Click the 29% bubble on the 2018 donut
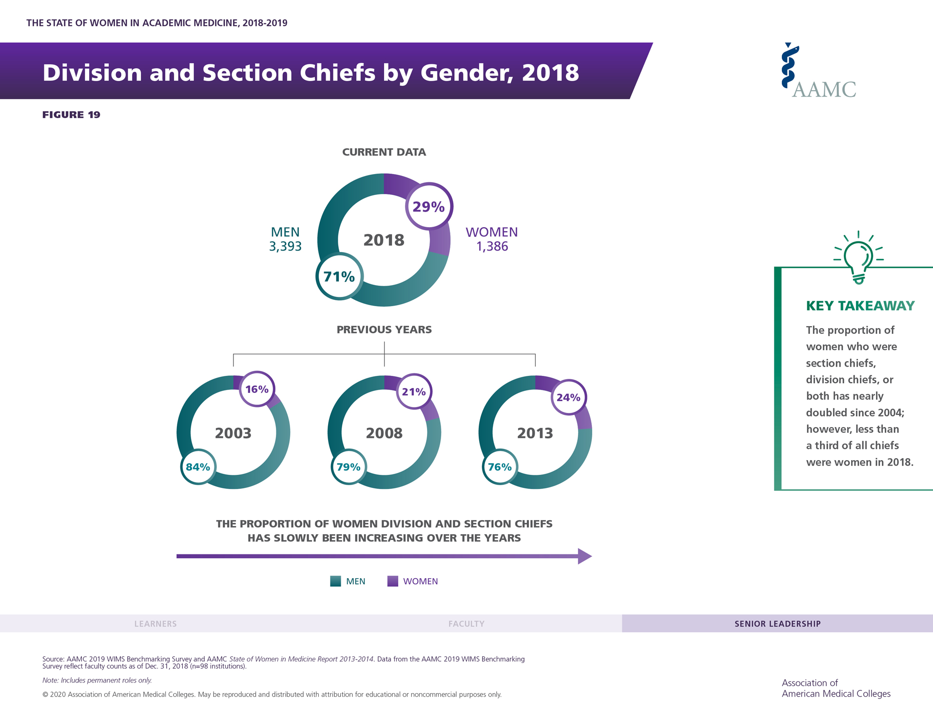pos(429,207)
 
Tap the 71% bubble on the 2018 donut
pos(339,276)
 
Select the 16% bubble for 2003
pos(257,389)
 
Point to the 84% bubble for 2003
pos(198,467)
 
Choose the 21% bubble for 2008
pos(414,391)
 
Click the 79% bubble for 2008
pos(349,467)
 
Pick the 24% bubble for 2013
pos(568,397)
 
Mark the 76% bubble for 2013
pos(500,467)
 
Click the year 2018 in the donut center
pos(384,240)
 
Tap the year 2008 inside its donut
pos(384,433)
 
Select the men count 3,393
pos(285,246)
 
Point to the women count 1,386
pos(492,246)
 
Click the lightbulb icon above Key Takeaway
pos(858,257)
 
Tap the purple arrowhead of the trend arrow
pos(584,556)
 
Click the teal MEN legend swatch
pos(335,581)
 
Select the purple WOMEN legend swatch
pos(392,581)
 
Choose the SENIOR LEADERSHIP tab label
pos(777,624)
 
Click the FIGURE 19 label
pos(71,115)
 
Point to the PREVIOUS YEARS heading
pos(384,330)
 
